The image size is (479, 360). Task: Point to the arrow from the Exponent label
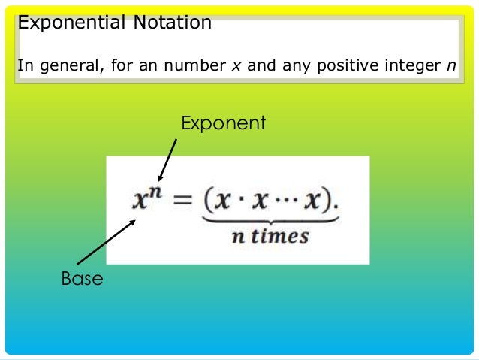coord(168,160)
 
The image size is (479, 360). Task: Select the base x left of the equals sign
coord(140,201)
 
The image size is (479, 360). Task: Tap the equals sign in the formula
coord(180,201)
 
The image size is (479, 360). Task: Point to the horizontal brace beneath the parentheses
coord(269,220)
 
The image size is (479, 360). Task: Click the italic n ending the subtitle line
coord(450,65)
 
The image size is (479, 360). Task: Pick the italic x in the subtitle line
coord(235,65)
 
